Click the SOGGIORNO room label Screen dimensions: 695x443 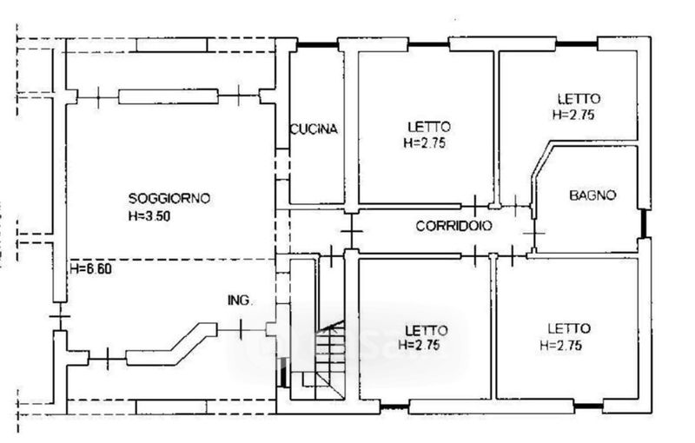(169, 198)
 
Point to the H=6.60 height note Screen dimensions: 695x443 (92, 269)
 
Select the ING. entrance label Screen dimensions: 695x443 (240, 301)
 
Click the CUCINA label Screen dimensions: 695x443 (314, 129)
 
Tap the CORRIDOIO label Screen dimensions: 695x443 (453, 226)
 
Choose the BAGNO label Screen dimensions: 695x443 (592, 195)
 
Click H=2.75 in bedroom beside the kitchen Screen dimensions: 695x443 (425, 143)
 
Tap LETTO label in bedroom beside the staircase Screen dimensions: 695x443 (427, 329)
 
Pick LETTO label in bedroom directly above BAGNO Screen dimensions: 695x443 (578, 98)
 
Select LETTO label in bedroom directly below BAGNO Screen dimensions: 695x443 (569, 328)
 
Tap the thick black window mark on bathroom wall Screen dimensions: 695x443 (644, 224)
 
